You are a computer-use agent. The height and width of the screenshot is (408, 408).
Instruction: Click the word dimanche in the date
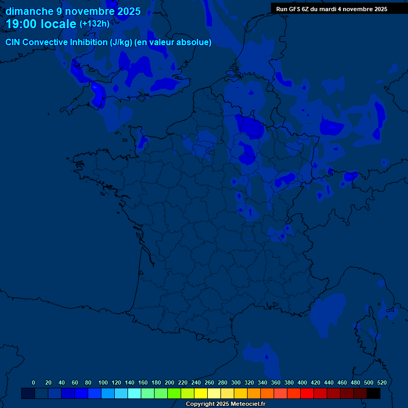pos(29,11)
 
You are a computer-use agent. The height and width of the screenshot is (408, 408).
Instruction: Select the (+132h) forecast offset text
pos(94,23)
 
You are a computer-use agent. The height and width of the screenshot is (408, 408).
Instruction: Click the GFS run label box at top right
pos(339,9)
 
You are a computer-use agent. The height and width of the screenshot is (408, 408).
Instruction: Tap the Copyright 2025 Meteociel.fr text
pos(225,404)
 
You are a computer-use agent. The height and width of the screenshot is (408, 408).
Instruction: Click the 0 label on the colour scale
pos(33,382)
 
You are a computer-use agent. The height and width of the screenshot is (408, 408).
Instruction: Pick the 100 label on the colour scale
pos(103,382)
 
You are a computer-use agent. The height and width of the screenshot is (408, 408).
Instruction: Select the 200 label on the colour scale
pos(169,382)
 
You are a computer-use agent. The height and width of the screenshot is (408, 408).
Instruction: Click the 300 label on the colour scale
pos(236,382)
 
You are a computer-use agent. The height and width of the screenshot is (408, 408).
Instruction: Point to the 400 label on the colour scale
pos(302,382)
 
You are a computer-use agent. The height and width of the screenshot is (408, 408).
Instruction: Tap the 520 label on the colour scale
pos(381,382)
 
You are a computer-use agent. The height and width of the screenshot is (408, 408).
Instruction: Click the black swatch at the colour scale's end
pos(373,393)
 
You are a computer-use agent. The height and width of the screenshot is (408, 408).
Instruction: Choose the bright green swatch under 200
pos(174,393)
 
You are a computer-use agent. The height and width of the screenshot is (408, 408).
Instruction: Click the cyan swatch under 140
pos(134,393)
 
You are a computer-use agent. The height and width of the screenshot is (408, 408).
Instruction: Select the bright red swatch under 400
pos(307,393)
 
